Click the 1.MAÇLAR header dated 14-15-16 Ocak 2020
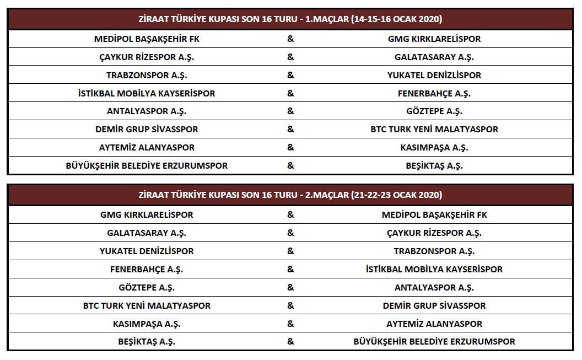tap(290, 19)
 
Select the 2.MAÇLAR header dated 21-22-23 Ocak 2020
tap(290, 195)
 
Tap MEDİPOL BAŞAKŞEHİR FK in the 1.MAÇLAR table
tap(147, 39)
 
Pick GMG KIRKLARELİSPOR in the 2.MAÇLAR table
tap(147, 214)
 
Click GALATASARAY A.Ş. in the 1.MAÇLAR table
tap(434, 57)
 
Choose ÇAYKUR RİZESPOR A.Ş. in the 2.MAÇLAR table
tap(434, 233)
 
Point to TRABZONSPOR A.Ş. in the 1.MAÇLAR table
tap(147, 76)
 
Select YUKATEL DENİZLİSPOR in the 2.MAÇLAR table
tap(147, 251)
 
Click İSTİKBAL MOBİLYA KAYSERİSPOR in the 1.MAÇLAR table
tap(147, 94)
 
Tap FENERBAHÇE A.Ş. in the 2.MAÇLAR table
tap(147, 269)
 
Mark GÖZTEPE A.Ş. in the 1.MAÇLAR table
tap(434, 111)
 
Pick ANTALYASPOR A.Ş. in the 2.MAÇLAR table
tap(434, 287)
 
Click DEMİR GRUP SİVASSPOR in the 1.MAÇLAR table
tap(147, 130)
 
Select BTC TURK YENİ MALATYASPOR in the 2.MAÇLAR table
tap(147, 305)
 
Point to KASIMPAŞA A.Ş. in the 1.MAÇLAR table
tap(434, 148)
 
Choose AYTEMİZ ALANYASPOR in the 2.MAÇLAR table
tap(434, 324)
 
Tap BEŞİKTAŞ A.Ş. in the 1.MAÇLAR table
tap(434, 165)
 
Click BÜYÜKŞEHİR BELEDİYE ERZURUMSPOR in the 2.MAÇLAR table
tap(434, 342)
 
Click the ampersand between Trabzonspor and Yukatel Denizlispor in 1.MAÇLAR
tap(290, 76)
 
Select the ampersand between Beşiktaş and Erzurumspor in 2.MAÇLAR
tap(290, 342)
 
